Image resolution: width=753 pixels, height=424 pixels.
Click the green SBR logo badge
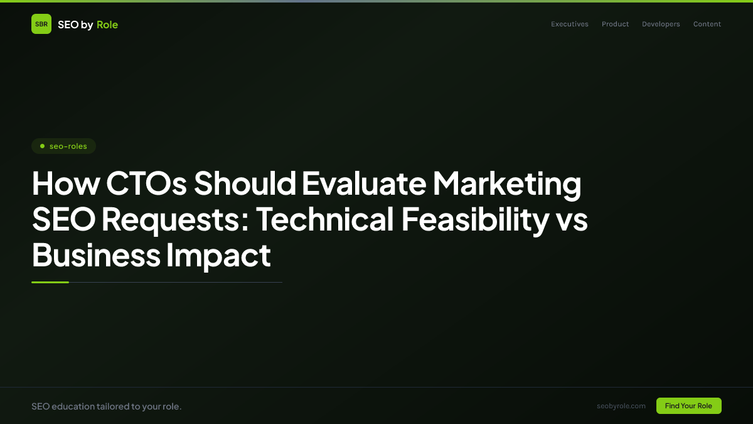pyautogui.click(x=41, y=24)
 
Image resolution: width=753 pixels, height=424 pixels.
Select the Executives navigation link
pyautogui.click(x=570, y=24)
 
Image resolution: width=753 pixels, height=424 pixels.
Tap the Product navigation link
pyautogui.click(x=615, y=24)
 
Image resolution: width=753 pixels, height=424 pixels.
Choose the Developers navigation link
pyautogui.click(x=661, y=24)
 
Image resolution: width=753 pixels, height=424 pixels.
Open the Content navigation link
pyautogui.click(x=707, y=24)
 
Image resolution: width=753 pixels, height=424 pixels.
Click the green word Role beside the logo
pyautogui.click(x=107, y=25)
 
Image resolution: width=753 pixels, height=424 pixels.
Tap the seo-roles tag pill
pyautogui.click(x=63, y=146)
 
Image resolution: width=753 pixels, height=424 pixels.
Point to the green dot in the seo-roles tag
pyautogui.click(x=42, y=146)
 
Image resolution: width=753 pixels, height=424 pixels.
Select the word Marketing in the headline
pyautogui.click(x=507, y=183)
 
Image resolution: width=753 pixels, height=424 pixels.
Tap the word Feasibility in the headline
pyautogui.click(x=475, y=219)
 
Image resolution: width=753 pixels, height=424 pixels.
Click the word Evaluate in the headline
pyautogui.click(x=363, y=183)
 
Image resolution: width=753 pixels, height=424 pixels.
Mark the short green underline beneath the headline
pyautogui.click(x=50, y=282)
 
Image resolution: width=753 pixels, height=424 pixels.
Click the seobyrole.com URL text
pyautogui.click(x=621, y=406)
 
